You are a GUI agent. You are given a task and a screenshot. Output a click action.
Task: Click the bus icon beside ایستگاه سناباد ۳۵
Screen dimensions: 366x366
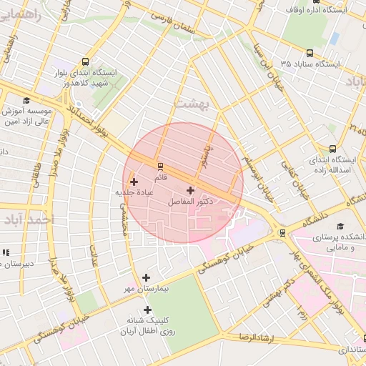pos(310,53)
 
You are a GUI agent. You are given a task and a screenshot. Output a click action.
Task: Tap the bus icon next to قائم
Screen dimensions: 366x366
pos(160,166)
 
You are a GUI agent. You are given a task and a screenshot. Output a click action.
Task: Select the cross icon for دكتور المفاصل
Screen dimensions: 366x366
pos(190,190)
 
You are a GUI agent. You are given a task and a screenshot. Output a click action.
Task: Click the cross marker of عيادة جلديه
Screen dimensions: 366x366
pos(134,182)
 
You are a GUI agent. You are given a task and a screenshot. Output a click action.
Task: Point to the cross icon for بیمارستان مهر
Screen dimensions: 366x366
pos(147,277)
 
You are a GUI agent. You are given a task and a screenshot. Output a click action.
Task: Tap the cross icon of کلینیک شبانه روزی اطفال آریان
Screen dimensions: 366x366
pos(148,310)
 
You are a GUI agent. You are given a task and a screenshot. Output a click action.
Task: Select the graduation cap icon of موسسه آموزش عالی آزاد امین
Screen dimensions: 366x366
pos(26,101)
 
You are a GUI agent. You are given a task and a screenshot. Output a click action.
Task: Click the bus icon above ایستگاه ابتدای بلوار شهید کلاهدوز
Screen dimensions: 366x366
pos(86,61)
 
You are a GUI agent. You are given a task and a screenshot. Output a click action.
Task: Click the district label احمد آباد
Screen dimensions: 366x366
pos(27,219)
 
